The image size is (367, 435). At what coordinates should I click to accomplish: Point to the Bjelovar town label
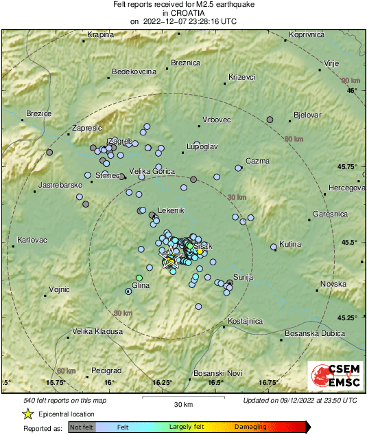(307, 115)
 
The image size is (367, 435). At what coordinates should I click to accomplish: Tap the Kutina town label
(290, 245)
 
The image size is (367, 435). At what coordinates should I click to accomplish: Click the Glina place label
(140, 285)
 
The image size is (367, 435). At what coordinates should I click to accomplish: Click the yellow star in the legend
(27, 414)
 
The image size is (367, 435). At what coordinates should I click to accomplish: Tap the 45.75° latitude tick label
(348, 166)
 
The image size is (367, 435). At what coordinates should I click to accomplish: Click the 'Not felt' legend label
(82, 427)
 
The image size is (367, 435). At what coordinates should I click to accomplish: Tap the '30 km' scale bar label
(182, 403)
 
